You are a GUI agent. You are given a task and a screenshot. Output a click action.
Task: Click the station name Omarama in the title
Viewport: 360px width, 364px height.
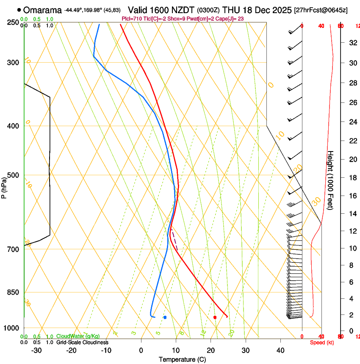click(x=42, y=10)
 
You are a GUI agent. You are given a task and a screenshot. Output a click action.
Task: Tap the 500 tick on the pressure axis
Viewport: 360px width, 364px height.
click(x=13, y=175)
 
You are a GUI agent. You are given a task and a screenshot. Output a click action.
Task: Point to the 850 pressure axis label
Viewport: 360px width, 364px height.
click(x=13, y=292)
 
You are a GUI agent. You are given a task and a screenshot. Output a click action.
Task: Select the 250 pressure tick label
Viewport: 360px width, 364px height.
click(x=13, y=22)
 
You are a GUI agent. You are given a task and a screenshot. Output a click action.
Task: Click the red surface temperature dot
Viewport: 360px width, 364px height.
click(x=215, y=317)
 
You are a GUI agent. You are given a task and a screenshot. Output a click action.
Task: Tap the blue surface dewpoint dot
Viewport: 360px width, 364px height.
click(x=165, y=317)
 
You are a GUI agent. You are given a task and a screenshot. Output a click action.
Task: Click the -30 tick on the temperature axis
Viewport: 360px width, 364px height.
click(x=36, y=350)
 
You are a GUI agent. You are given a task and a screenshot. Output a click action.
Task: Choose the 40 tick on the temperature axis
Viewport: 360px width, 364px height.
click(x=280, y=350)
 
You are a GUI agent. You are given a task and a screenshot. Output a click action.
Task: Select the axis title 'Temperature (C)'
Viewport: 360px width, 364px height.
click(x=182, y=359)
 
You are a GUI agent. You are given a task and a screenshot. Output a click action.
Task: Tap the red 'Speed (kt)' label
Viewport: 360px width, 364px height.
click(x=322, y=342)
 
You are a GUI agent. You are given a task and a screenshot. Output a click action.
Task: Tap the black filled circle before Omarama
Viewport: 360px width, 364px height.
click(x=19, y=10)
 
